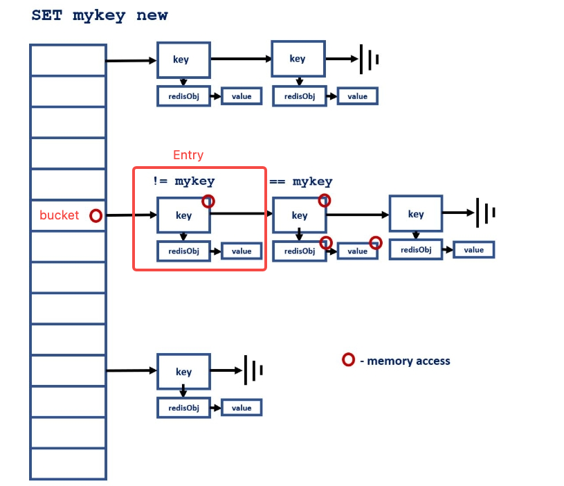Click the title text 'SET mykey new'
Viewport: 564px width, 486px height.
[100, 15]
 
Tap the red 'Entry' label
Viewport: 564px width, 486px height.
[188, 155]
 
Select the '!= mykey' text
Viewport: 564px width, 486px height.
[183, 181]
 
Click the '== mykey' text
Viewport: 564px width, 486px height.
[300, 182]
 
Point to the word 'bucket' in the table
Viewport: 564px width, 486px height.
[59, 215]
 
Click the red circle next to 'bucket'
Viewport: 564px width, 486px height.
[96, 216]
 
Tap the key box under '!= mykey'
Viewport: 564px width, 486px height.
[183, 215]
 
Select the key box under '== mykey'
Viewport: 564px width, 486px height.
[300, 215]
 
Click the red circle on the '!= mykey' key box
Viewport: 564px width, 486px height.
[208, 201]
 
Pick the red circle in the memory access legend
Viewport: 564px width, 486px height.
[349, 360]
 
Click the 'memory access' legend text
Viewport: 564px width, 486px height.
[408, 361]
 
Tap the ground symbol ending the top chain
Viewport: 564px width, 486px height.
[369, 60]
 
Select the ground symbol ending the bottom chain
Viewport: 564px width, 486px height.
[254, 371]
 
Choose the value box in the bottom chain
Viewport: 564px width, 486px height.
[242, 408]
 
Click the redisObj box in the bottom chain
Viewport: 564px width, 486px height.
[183, 408]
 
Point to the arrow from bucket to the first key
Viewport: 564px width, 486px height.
[131, 215]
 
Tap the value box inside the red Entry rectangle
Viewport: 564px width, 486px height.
[242, 251]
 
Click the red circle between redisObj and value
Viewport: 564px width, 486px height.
[326, 242]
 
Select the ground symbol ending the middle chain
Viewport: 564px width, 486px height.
[485, 213]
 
